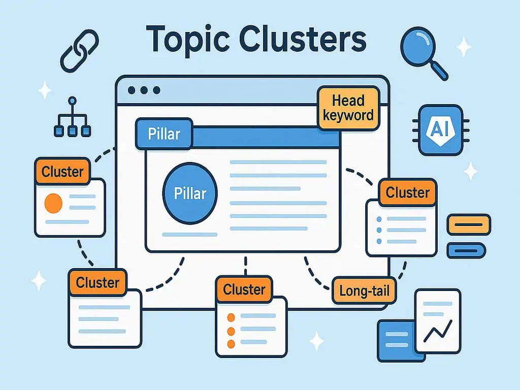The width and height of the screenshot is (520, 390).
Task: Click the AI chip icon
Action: [x=440, y=129]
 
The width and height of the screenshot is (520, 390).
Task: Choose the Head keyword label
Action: [x=348, y=108]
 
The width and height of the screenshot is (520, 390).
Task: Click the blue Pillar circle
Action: [x=190, y=193]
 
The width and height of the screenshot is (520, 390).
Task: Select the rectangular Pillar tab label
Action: [x=164, y=134]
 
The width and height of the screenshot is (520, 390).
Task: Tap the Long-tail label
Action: [x=364, y=291]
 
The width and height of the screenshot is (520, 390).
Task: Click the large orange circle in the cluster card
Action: [x=54, y=203]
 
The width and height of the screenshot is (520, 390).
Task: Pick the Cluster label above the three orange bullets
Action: [x=244, y=289]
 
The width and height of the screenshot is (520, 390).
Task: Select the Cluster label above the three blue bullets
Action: [x=407, y=192]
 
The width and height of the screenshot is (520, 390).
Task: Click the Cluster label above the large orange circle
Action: [x=62, y=172]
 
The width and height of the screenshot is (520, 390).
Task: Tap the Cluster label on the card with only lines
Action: [x=97, y=282]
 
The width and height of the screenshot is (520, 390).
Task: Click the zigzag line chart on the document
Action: [x=438, y=331]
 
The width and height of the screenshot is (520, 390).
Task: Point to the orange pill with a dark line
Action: [x=468, y=224]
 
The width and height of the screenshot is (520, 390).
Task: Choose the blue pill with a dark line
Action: [x=466, y=250]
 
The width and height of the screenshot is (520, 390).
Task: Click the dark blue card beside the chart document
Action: [x=396, y=339]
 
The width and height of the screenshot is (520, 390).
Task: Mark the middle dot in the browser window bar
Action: [x=144, y=90]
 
